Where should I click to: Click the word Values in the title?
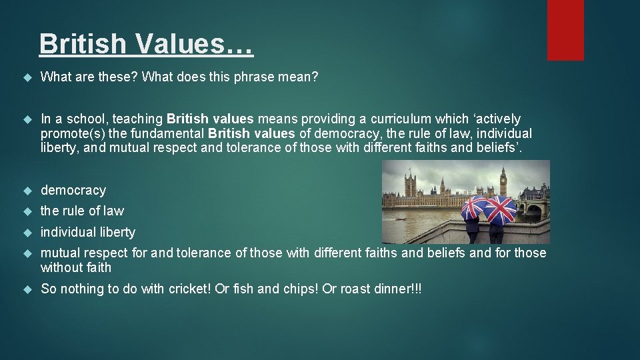194,43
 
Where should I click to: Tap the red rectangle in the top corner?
565,30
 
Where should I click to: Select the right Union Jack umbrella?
500,209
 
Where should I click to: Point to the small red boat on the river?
400,218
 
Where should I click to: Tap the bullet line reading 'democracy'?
73,191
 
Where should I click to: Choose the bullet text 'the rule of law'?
82,211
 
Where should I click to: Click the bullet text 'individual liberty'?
88,233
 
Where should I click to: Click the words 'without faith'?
76,268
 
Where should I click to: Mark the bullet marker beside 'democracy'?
27,191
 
